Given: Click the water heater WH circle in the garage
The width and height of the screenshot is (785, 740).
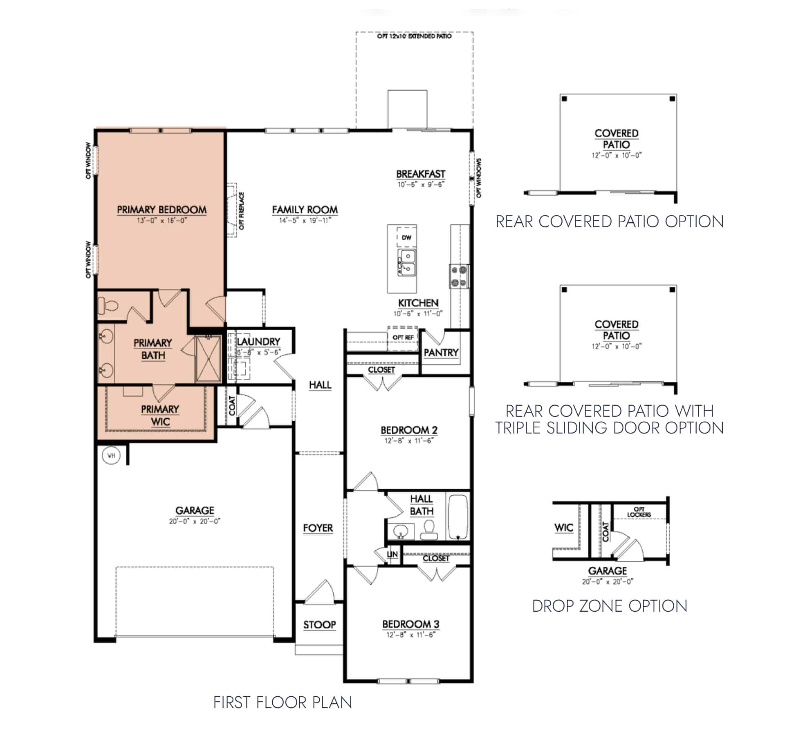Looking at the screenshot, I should click(111, 455).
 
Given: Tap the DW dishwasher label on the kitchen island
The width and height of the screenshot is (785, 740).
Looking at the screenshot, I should click(406, 237).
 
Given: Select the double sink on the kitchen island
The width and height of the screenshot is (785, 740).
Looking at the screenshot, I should click(407, 263).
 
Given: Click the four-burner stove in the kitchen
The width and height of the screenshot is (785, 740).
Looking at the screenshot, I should click(459, 276).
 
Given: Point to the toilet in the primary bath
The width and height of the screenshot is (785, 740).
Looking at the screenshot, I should click(108, 305).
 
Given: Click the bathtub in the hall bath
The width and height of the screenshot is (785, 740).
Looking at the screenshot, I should click(458, 517).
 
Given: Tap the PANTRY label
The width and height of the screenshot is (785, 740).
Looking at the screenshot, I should click(441, 352).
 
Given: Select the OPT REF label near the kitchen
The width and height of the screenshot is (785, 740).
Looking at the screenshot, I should click(403, 337).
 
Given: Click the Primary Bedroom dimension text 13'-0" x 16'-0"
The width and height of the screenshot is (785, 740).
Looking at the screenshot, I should click(162, 221).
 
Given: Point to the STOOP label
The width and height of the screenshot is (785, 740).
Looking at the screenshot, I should click(319, 624).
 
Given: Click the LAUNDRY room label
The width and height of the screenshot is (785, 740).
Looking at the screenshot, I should click(258, 342).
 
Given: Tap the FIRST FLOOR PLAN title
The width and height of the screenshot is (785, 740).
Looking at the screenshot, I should click(283, 702).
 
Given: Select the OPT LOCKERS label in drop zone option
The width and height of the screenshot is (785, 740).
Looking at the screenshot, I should click(639, 512).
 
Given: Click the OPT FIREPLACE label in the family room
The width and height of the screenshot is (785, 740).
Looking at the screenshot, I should click(242, 210).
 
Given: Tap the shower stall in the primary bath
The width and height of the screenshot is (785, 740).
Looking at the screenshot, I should click(209, 359).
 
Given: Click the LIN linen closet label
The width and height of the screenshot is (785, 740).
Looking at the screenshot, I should click(392, 554).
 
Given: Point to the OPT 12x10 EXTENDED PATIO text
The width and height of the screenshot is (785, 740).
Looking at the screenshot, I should click(414, 36).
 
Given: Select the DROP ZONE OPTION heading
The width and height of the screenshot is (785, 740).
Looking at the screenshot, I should click(609, 606).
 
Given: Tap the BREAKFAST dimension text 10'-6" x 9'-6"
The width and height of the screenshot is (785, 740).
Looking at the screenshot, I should click(421, 185).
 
